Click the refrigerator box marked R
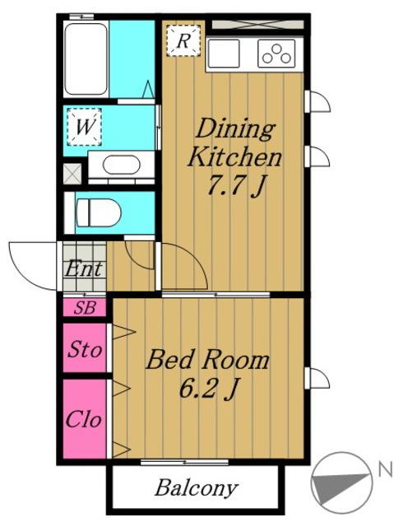[x=183, y=40]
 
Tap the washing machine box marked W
[x=84, y=127]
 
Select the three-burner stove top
[x=276, y=54]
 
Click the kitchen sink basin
[x=224, y=54]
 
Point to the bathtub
[x=86, y=58]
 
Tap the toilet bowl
[x=98, y=212]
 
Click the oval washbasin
[x=121, y=165]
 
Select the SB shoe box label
[x=85, y=307]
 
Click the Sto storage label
[x=85, y=349]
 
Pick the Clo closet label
[x=84, y=418]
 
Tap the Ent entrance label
[x=84, y=269]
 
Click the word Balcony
[x=197, y=487]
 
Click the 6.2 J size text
[x=209, y=388]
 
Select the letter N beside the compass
[x=385, y=469]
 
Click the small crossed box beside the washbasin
[x=72, y=174]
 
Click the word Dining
[x=235, y=129]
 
